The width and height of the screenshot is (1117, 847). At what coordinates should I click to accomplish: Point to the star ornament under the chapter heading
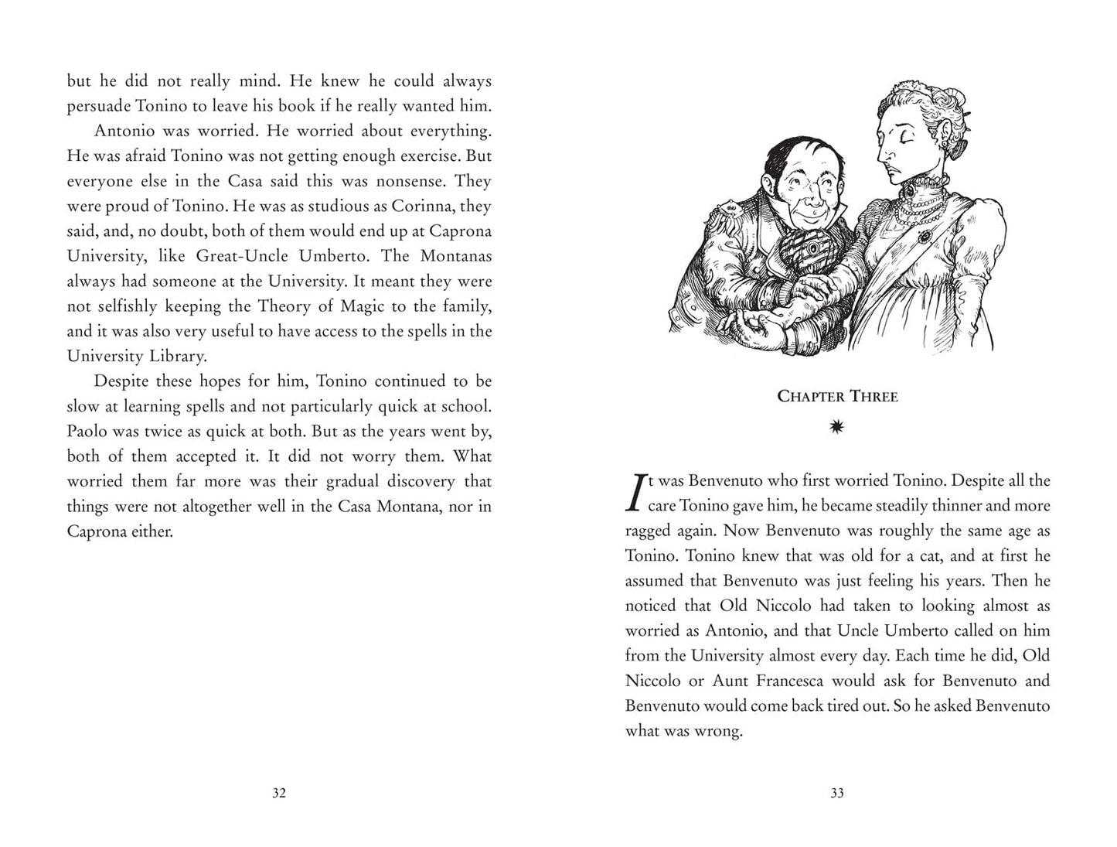pos(837,427)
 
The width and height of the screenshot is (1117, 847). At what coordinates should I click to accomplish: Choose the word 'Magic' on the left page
pos(362,306)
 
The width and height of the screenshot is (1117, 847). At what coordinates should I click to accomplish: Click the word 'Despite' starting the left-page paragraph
pos(121,381)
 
